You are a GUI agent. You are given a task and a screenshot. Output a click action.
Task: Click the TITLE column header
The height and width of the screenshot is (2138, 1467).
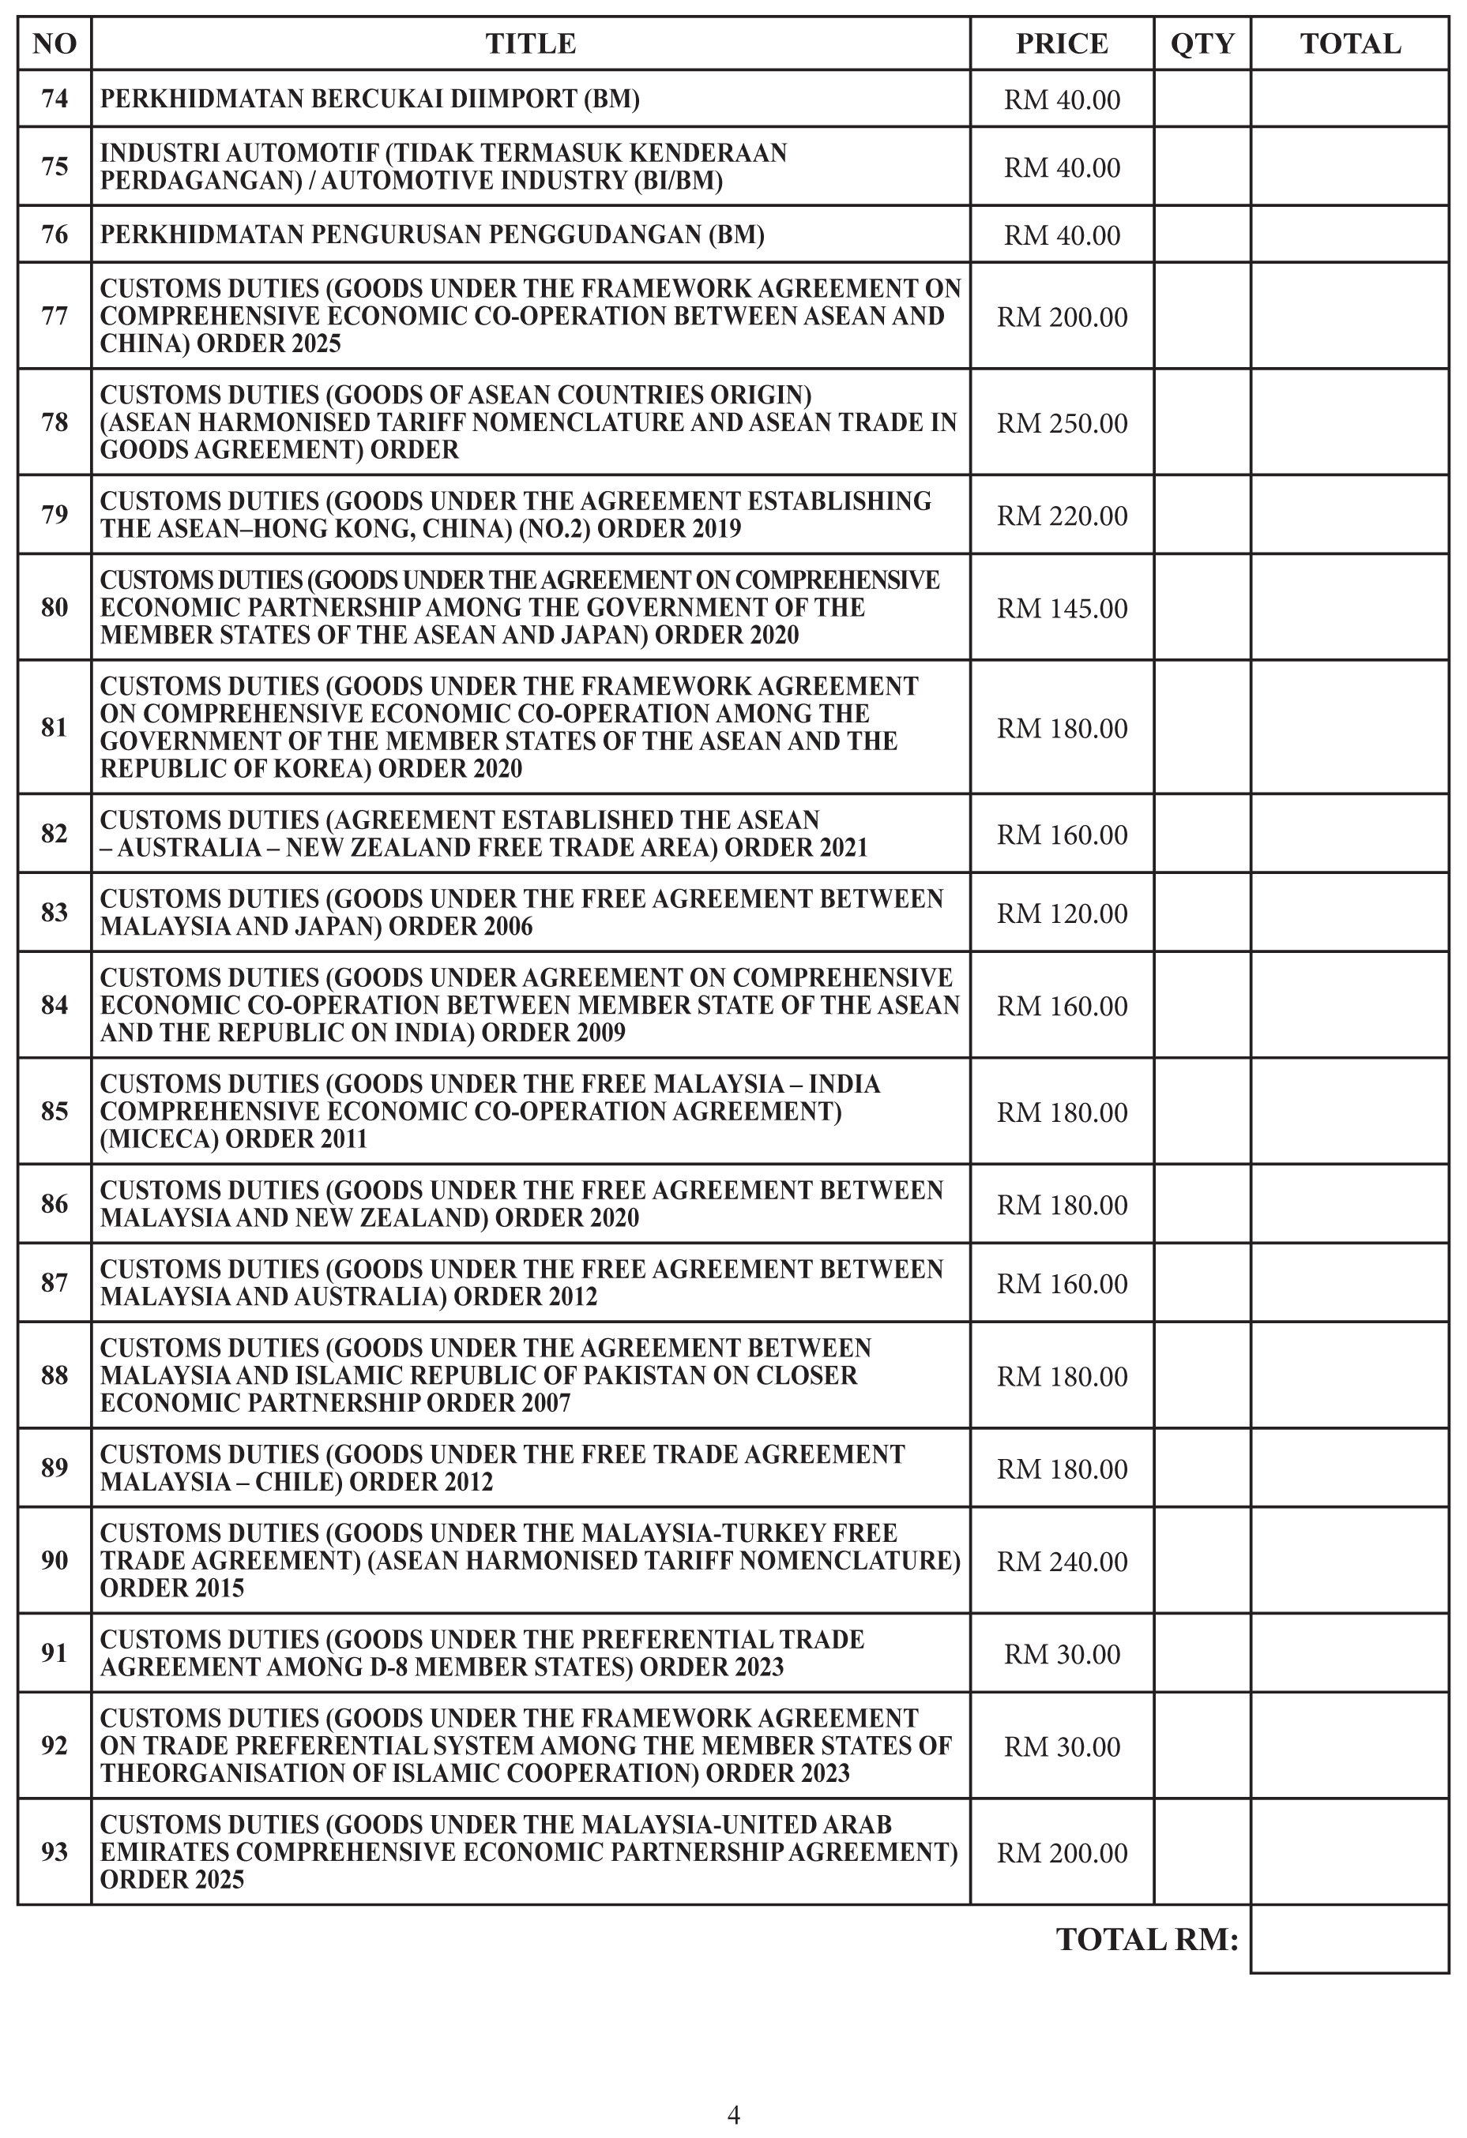(530, 43)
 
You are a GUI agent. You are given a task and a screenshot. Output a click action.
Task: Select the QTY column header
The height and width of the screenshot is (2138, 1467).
(1202, 43)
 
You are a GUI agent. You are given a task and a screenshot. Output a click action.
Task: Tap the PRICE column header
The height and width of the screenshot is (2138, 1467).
(1061, 43)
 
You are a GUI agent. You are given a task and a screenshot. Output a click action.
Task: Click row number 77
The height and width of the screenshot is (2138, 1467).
(55, 316)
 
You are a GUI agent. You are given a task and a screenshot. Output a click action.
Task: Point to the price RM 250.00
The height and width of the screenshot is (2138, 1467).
(1061, 422)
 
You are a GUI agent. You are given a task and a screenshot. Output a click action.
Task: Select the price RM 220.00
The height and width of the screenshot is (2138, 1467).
(1061, 516)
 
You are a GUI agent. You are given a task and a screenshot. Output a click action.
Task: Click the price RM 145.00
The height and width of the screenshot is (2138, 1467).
(1061, 607)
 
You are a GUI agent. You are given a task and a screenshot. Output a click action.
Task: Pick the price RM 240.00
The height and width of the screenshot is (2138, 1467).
(1061, 1561)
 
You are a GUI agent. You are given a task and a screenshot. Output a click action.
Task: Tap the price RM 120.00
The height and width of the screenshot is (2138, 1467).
(1061, 913)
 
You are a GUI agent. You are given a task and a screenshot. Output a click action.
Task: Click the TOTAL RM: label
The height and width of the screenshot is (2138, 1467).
(1147, 1939)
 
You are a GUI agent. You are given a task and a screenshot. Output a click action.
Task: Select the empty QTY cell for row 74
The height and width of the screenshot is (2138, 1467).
(1202, 99)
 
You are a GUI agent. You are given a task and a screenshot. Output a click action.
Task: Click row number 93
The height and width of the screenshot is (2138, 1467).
(55, 1852)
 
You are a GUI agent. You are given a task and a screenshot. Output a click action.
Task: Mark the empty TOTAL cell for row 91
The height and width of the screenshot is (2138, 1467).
(1349, 1653)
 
